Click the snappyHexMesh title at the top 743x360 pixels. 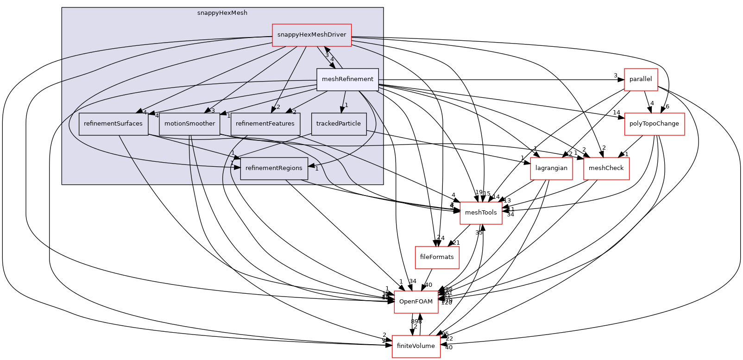[x=222, y=13]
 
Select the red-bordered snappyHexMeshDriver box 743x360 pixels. [x=312, y=35]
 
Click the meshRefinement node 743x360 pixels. [x=347, y=79]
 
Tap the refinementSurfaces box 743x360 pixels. [x=113, y=124]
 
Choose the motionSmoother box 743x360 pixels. [x=189, y=124]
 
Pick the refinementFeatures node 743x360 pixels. [x=265, y=124]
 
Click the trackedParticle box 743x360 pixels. [x=339, y=124]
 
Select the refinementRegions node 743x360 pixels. [x=274, y=168]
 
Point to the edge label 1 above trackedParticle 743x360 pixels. [x=346, y=105]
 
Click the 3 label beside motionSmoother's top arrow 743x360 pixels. [x=213, y=110]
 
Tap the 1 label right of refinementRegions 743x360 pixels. [x=317, y=169]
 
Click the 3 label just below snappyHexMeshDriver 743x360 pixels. [x=327, y=55]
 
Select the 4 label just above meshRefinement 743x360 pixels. [x=332, y=59]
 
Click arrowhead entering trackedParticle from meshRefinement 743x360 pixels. [x=342, y=110]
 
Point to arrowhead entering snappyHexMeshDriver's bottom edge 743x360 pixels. [x=326, y=49]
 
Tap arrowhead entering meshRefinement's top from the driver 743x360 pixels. [x=332, y=66]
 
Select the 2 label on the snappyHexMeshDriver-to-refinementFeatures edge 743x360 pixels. [x=278, y=107]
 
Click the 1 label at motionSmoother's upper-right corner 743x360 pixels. [x=229, y=116]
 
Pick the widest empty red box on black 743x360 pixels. [x=655, y=124]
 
